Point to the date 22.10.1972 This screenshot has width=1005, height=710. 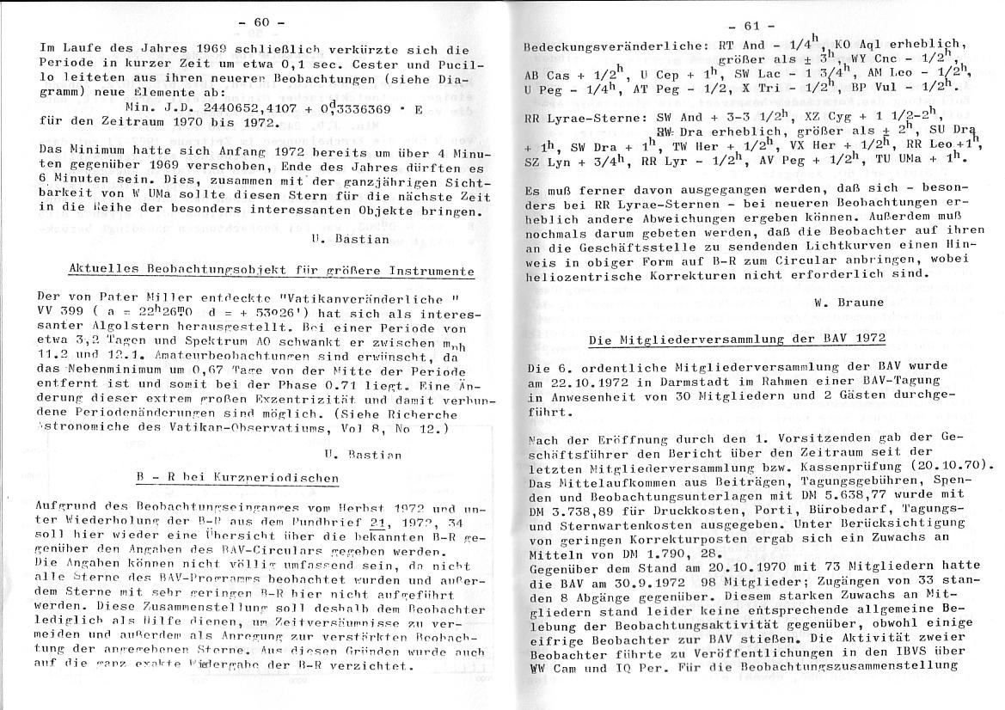pos(586,382)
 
